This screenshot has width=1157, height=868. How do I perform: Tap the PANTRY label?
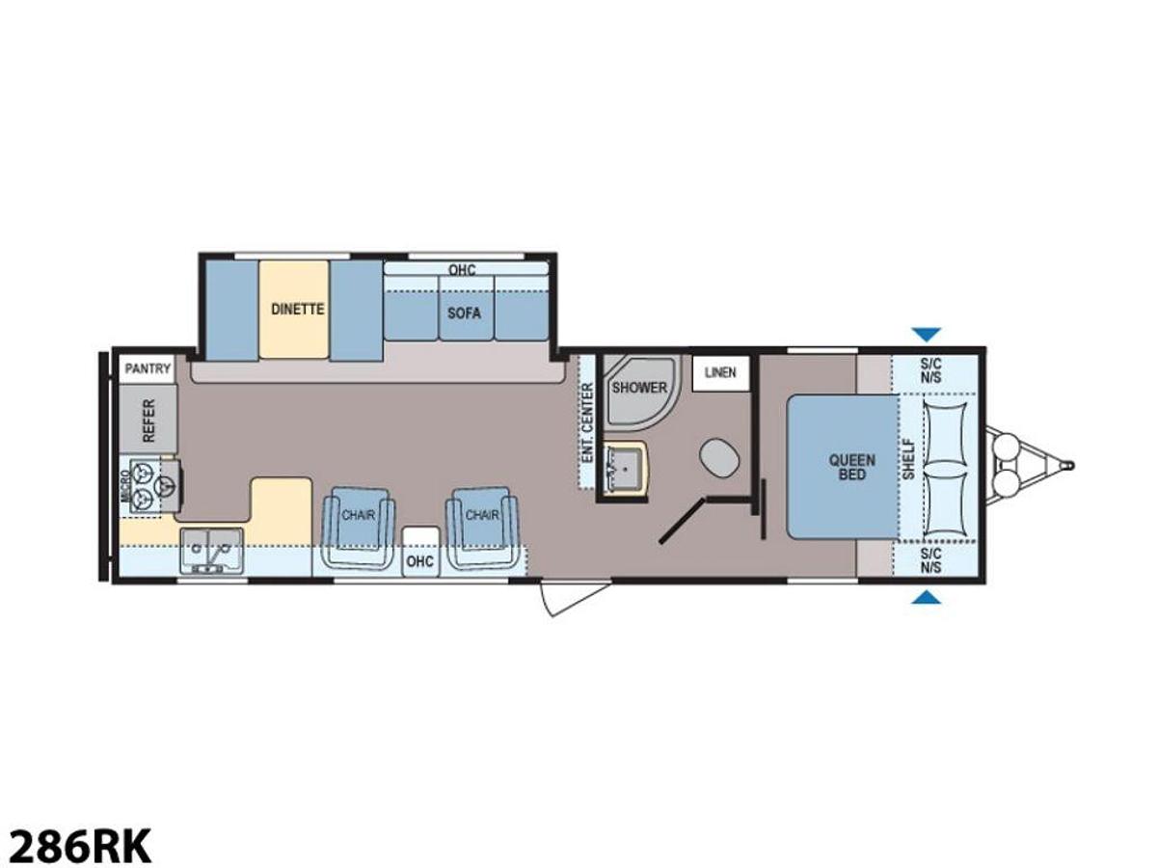point(148,367)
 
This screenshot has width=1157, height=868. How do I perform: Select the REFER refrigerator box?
point(148,419)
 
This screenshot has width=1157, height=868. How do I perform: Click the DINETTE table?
point(295,310)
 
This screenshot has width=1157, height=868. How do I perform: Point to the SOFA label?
point(464,313)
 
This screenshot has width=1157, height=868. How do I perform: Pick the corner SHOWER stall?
point(639,389)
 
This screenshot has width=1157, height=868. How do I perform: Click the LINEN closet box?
point(720,372)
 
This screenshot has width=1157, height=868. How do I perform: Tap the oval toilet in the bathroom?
point(718,458)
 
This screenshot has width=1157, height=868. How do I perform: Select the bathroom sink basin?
point(625,468)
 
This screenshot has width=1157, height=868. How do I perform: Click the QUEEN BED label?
point(851,467)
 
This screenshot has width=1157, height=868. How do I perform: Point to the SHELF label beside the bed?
point(908,459)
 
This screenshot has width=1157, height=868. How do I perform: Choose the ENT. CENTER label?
point(588,422)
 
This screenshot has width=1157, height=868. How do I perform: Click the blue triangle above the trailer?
point(927,334)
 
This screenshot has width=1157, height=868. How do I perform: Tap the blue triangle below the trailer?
point(927,597)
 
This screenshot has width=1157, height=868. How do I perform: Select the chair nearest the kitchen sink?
point(358,528)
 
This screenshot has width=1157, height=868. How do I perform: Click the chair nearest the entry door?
point(482,528)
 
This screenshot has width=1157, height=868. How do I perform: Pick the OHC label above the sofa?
point(462,270)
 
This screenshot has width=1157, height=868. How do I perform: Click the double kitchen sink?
point(211,551)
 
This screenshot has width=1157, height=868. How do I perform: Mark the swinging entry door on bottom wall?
point(575,597)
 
